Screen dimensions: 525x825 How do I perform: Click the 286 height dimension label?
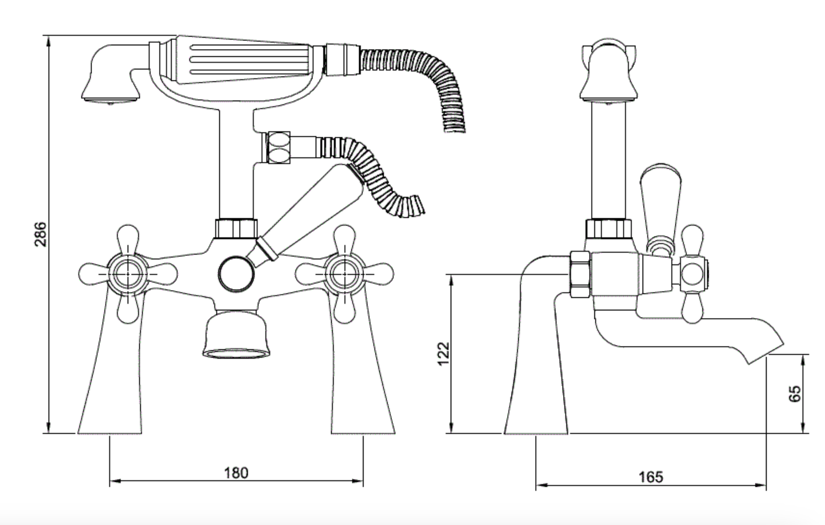pyautogui.click(x=40, y=234)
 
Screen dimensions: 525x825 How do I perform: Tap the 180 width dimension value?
pyautogui.click(x=236, y=473)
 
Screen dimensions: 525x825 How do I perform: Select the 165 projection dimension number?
pyautogui.click(x=651, y=477)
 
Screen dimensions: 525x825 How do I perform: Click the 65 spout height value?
pyautogui.click(x=795, y=394)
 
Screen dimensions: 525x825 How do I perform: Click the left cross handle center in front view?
pyautogui.click(x=128, y=274)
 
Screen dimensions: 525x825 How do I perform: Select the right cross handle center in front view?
pyautogui.click(x=344, y=274)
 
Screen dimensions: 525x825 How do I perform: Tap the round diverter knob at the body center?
pyautogui.click(x=235, y=274)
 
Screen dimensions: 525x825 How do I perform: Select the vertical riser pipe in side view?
pyautogui.click(x=608, y=159)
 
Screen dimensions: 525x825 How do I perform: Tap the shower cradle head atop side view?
pyautogui.click(x=608, y=73)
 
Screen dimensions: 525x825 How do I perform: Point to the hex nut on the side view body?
pyautogui.click(x=579, y=275)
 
